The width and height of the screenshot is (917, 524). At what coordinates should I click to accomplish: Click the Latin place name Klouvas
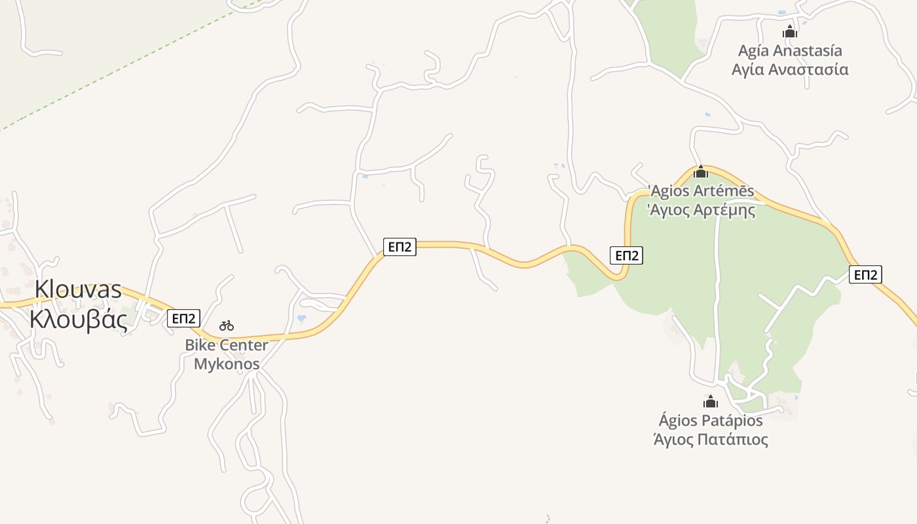pyautogui.click(x=78, y=290)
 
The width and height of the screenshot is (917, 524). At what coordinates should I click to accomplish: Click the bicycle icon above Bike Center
pyautogui.click(x=227, y=325)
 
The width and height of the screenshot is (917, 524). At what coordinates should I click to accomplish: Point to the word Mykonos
pyautogui.click(x=227, y=364)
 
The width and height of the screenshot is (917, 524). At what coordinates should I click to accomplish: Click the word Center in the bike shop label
pyautogui.click(x=244, y=345)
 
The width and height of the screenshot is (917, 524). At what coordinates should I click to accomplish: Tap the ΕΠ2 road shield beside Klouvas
pyautogui.click(x=183, y=318)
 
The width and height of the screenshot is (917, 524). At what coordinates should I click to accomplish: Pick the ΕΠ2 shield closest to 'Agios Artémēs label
pyautogui.click(x=626, y=255)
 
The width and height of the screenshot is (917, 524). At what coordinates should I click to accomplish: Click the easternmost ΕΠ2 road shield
pyautogui.click(x=865, y=274)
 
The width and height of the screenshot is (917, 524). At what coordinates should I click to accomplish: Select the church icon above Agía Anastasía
pyautogui.click(x=790, y=31)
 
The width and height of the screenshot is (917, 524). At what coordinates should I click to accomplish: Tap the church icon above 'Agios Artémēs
pyautogui.click(x=701, y=172)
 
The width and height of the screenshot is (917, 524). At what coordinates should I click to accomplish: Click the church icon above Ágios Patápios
pyautogui.click(x=711, y=402)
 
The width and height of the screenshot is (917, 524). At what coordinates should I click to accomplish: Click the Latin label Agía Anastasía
pyautogui.click(x=790, y=50)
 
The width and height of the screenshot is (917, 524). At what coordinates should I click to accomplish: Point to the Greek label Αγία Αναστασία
pyautogui.click(x=790, y=69)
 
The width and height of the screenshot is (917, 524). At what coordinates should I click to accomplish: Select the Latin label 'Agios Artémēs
pyautogui.click(x=701, y=191)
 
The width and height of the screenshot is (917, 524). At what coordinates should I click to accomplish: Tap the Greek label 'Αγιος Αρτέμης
pyautogui.click(x=701, y=210)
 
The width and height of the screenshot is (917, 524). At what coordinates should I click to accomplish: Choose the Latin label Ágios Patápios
pyautogui.click(x=711, y=420)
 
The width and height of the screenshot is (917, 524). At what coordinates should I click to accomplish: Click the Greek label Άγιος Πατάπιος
pyautogui.click(x=711, y=439)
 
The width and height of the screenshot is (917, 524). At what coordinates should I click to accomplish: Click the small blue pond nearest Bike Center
pyautogui.click(x=301, y=318)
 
